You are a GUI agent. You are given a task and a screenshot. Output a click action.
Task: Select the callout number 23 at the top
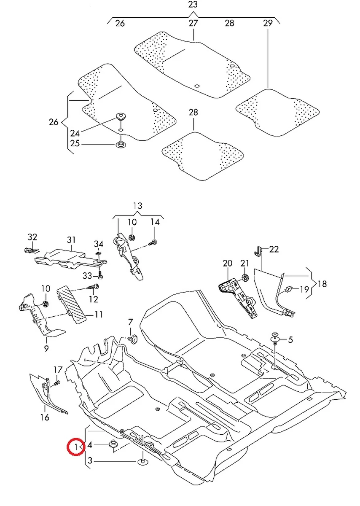click(193, 5)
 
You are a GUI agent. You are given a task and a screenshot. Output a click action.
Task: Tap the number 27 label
click(193, 23)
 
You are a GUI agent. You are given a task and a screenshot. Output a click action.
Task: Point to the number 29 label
click(268, 23)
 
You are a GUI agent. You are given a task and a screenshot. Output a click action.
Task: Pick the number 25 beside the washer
click(75, 144)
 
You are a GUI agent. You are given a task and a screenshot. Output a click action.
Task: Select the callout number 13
click(138, 206)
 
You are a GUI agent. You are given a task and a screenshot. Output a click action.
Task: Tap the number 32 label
click(32, 237)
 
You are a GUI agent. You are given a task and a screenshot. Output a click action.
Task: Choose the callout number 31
click(71, 240)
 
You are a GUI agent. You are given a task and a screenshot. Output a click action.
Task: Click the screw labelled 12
click(93, 287)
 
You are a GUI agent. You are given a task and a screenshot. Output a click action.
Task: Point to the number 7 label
click(130, 323)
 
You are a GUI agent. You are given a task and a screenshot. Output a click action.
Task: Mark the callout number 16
click(45, 417)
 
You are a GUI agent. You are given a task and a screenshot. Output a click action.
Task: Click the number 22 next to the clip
click(274, 249)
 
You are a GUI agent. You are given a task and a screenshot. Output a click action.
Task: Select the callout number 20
click(228, 264)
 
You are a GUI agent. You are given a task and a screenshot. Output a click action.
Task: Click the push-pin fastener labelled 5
click(276, 336)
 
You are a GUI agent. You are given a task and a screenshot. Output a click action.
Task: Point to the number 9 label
click(46, 348)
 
